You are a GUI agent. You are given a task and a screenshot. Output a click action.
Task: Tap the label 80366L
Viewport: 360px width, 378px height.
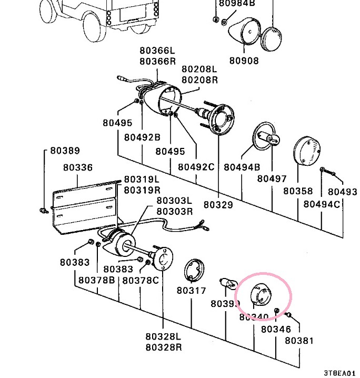[157, 51]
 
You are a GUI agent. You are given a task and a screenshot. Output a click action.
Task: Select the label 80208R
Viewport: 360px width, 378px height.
[199, 80]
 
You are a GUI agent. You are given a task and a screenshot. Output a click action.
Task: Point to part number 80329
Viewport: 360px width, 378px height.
[218, 204]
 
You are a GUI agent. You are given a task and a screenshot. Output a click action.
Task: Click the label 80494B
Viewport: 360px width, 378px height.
[242, 167]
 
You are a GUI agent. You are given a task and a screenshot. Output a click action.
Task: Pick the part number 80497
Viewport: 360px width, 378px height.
[272, 178]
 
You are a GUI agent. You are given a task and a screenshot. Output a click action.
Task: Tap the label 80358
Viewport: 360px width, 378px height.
[298, 191]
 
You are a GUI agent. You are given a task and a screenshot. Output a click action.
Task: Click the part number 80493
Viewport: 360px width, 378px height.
[342, 192]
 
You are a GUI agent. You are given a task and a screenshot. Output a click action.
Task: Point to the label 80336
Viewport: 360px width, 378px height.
[78, 167]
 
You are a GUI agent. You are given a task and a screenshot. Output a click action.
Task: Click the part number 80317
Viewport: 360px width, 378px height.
[191, 290]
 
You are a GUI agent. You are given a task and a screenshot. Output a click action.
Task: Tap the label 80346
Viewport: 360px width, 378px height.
[276, 330]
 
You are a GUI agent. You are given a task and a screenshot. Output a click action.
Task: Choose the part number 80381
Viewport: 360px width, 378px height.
[299, 340]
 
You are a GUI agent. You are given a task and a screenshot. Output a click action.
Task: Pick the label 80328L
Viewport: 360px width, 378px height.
[163, 336]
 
